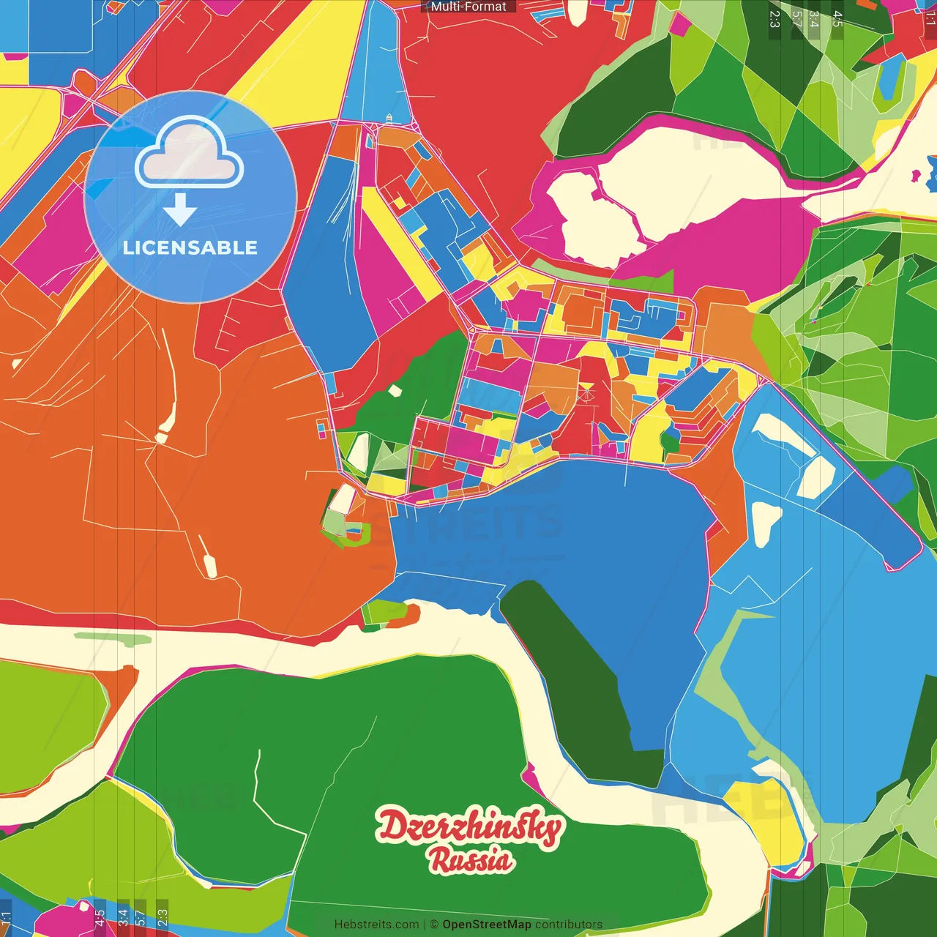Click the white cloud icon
[190, 154]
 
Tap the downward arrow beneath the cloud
[180, 210]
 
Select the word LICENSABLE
[190, 247]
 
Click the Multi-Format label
[468, 7]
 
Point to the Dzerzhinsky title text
[470, 827]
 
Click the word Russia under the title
[471, 861]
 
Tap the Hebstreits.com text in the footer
[376, 925]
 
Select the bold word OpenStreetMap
[487, 925]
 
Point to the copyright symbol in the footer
[433, 925]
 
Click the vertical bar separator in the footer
[424, 925]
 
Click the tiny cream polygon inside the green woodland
[395, 391]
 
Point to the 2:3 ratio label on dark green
[774, 18]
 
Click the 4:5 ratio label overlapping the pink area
[99, 917]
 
